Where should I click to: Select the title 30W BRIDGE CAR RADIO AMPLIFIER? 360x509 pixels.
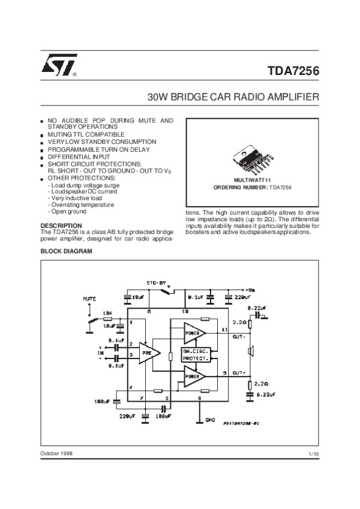point(233,97)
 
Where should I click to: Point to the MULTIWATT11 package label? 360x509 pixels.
point(253,180)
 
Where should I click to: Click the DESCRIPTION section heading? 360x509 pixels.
point(60,225)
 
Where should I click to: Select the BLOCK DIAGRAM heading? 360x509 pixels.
point(66,251)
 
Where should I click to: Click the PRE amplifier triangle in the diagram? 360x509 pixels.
point(149,354)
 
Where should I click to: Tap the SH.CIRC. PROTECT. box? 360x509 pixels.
point(196,354)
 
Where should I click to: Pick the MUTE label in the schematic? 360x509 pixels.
point(90,298)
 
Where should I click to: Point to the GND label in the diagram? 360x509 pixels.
point(210,420)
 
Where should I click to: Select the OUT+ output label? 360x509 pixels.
point(239,372)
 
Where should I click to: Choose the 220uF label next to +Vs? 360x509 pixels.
point(243,296)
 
